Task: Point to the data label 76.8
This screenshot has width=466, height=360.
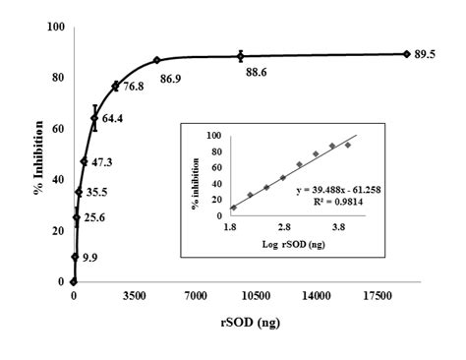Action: (134, 88)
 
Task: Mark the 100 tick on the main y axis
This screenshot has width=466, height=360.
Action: (56, 27)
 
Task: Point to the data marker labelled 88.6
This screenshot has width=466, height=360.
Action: (241, 56)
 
